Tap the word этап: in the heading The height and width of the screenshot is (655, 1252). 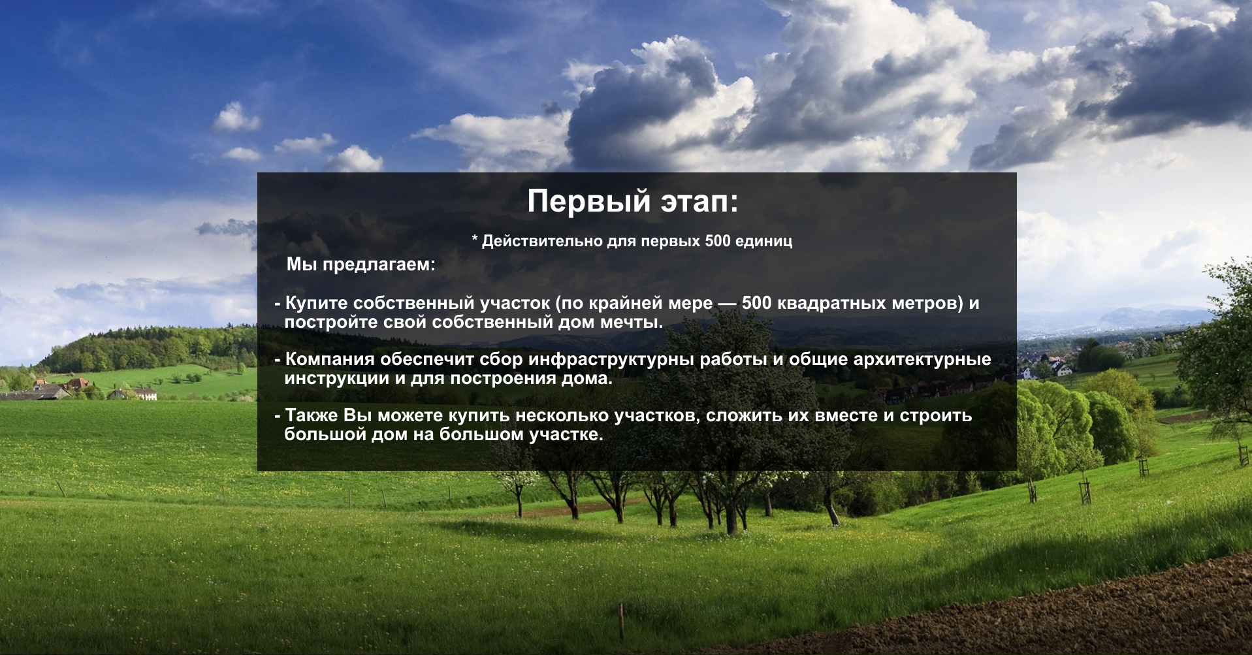tap(699, 202)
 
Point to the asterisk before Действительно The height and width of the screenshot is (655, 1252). tap(475, 238)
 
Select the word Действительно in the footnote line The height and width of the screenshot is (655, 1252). tap(542, 241)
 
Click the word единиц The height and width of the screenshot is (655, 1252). tap(763, 241)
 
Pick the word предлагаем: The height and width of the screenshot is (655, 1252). tap(379, 264)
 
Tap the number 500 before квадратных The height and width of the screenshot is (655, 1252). tap(756, 303)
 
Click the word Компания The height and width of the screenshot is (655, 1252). tap(330, 359)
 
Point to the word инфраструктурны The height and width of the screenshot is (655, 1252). tap(611, 360)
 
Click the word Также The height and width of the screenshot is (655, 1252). tap(312, 415)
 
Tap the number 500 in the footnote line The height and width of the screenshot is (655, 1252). tap(718, 241)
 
